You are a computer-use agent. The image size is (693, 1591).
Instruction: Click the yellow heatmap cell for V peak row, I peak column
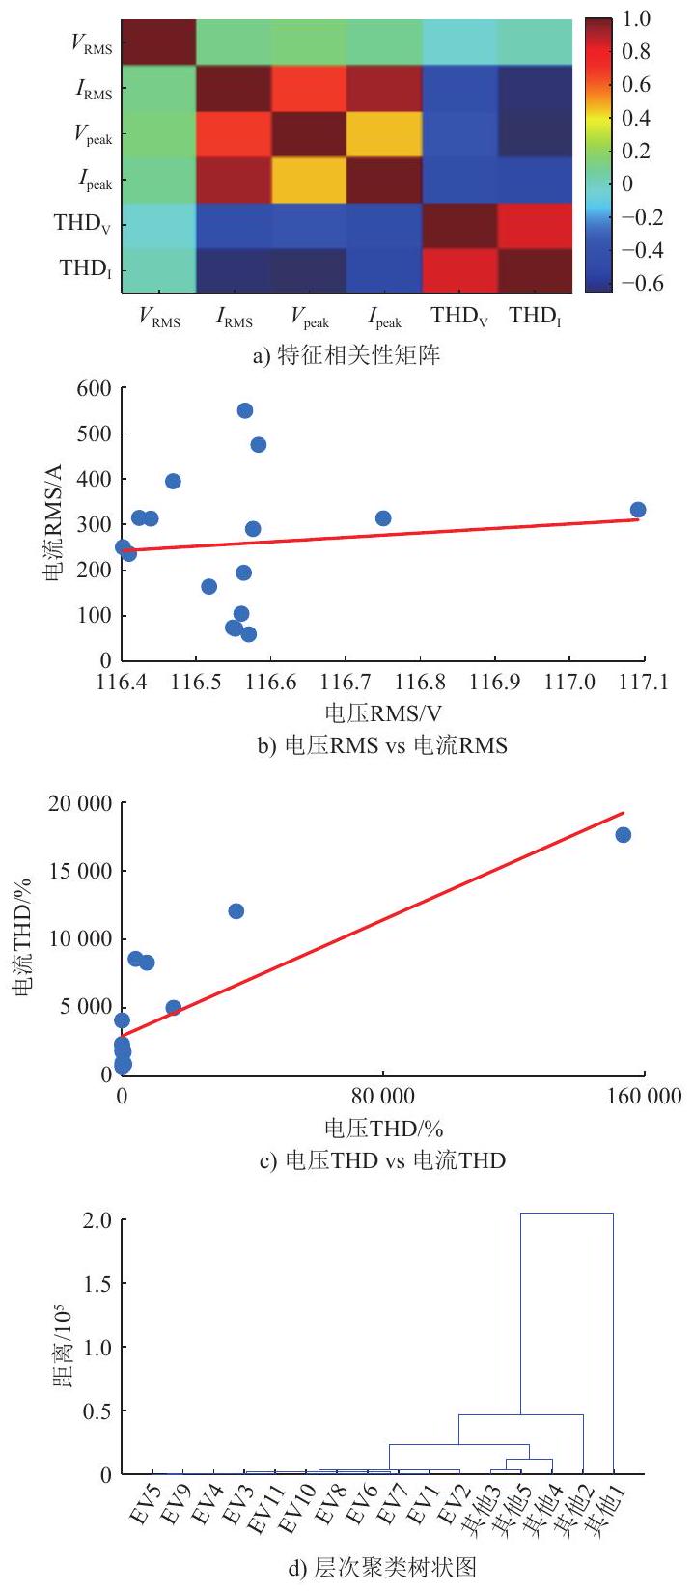pyautogui.click(x=384, y=133)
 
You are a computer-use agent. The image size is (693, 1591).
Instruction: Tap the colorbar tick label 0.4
pyautogui.click(x=635, y=117)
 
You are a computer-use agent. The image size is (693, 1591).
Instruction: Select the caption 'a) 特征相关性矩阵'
pyautogui.click(x=346, y=353)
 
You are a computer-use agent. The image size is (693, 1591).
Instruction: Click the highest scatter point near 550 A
pyautogui.click(x=245, y=410)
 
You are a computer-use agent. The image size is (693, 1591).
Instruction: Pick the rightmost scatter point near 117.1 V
pyautogui.click(x=638, y=510)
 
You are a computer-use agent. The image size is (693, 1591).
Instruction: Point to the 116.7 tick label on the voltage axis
pyautogui.click(x=346, y=683)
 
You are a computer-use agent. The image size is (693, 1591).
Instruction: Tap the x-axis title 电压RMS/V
pyautogui.click(x=383, y=713)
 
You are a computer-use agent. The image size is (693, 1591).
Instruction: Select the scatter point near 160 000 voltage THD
pyautogui.click(x=624, y=834)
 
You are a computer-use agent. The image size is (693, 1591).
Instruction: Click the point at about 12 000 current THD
pyautogui.click(x=236, y=910)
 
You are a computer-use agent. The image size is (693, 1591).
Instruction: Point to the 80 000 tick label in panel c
pyautogui.click(x=383, y=1096)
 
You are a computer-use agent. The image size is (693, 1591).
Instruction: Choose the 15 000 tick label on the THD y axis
pyautogui.click(x=80, y=871)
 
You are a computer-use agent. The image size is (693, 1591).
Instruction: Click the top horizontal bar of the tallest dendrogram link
pyautogui.click(x=567, y=1214)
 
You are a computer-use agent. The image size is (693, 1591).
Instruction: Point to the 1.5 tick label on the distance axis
pyautogui.click(x=97, y=1283)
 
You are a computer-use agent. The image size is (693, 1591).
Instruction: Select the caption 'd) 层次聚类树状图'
pyautogui.click(x=383, y=1566)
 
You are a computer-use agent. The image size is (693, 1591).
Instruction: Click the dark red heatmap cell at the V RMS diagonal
pyautogui.click(x=159, y=42)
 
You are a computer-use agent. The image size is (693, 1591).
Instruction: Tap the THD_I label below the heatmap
pyautogui.click(x=535, y=316)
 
